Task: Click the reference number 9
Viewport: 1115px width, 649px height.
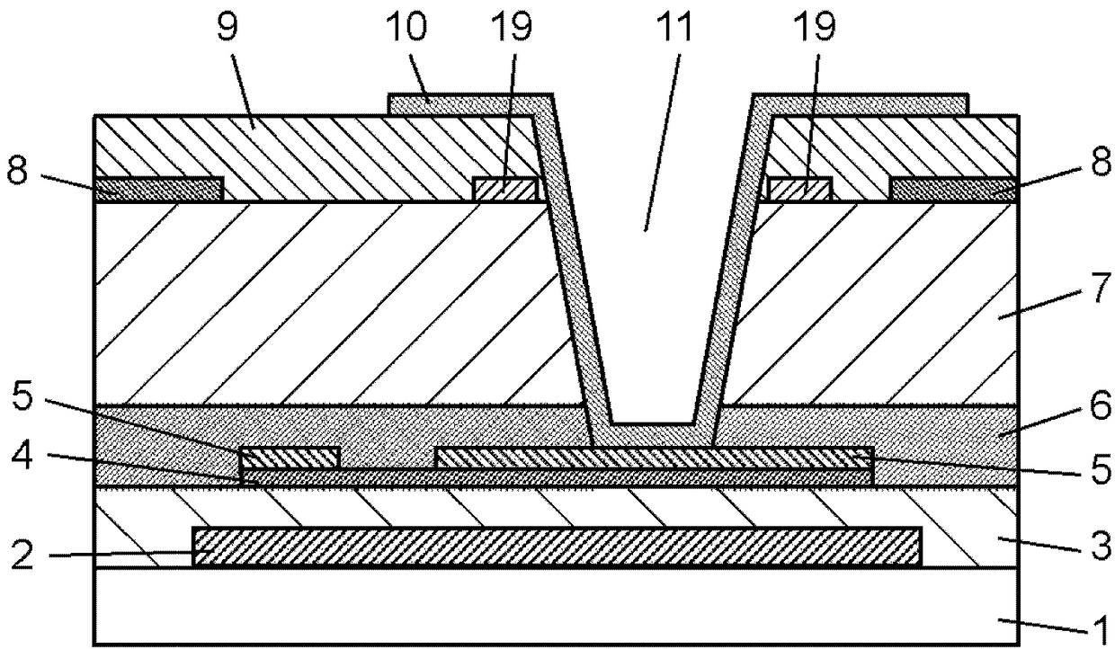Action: [228, 27]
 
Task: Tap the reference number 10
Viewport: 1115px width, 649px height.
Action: [406, 27]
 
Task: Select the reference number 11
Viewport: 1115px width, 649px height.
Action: [673, 27]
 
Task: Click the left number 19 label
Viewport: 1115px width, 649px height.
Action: [512, 27]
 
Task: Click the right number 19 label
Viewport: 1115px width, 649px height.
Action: [815, 27]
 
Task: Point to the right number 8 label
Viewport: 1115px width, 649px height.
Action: [1101, 160]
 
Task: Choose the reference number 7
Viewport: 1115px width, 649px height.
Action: [1101, 287]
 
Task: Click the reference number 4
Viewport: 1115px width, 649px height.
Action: [22, 454]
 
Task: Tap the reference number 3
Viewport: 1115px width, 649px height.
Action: [1101, 546]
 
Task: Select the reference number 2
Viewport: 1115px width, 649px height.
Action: [22, 555]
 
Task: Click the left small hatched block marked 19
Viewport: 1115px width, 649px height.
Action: [505, 190]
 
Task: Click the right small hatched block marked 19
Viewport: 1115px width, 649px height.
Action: [798, 190]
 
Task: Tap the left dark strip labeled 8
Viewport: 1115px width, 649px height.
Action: [159, 190]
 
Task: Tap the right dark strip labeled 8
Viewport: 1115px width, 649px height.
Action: [954, 190]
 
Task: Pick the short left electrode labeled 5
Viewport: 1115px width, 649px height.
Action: [290, 458]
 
